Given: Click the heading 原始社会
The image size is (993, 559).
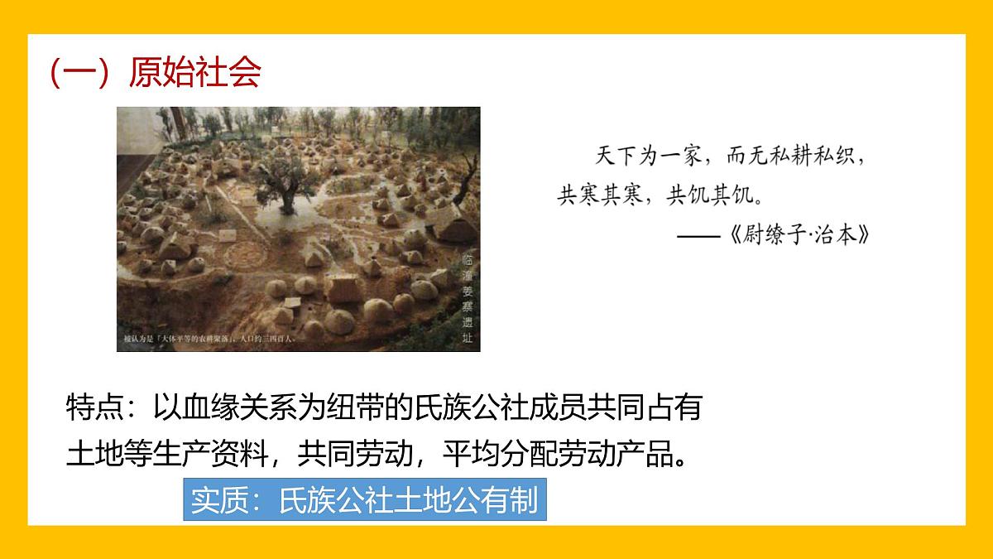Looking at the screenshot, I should [195, 73].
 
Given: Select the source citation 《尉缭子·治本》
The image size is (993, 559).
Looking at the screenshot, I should [800, 235].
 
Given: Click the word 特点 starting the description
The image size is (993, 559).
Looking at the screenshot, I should [94, 408].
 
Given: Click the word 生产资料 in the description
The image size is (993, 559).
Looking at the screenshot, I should [218, 455].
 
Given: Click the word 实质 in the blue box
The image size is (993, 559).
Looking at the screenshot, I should [219, 500].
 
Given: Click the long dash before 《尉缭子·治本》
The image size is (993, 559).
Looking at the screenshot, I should [697, 235].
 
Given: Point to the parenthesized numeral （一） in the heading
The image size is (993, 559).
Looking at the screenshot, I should [79, 73].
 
